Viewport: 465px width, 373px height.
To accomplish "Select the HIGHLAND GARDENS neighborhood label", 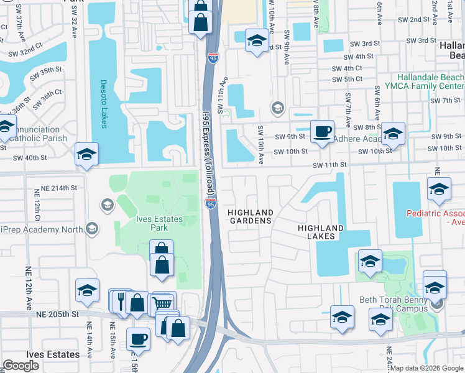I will tap(250, 216).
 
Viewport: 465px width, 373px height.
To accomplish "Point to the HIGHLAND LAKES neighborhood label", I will tap(321, 232).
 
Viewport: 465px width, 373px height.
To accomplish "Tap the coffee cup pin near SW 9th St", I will tap(322, 132).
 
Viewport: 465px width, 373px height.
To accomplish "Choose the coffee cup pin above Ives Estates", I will tap(138, 339).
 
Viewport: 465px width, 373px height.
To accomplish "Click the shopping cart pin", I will tap(162, 303).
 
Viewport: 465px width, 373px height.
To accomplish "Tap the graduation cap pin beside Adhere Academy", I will tap(393, 134).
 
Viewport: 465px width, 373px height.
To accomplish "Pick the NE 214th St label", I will tap(57, 187).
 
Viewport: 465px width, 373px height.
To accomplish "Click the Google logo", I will tap(21, 366).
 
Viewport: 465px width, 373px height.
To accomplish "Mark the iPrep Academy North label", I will tap(42, 229).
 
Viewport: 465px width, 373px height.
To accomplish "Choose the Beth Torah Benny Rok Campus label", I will tap(403, 304).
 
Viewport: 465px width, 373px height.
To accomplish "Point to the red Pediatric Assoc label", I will tap(435, 217).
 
